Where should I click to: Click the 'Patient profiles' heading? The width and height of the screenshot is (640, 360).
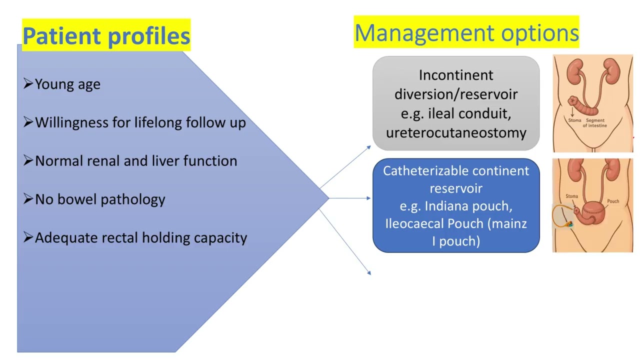tap(106, 36)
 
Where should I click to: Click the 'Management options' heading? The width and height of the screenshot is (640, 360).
tap(466, 33)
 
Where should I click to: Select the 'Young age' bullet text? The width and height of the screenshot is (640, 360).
tap(67, 84)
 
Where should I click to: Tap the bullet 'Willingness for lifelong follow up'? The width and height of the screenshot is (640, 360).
tap(140, 122)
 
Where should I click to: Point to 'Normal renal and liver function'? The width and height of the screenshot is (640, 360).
tap(136, 161)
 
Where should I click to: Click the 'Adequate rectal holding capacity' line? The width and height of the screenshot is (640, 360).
tap(141, 237)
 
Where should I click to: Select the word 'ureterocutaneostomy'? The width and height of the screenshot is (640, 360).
tap(456, 132)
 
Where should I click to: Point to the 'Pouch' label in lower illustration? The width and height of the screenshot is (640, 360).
tap(613, 201)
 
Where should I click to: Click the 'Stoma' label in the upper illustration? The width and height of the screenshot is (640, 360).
tap(574, 120)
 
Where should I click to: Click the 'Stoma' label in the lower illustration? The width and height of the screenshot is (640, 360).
tap(571, 196)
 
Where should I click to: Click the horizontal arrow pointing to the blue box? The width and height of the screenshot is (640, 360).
tap(350, 198)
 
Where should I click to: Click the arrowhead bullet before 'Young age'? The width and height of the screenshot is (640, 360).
tap(28, 84)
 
